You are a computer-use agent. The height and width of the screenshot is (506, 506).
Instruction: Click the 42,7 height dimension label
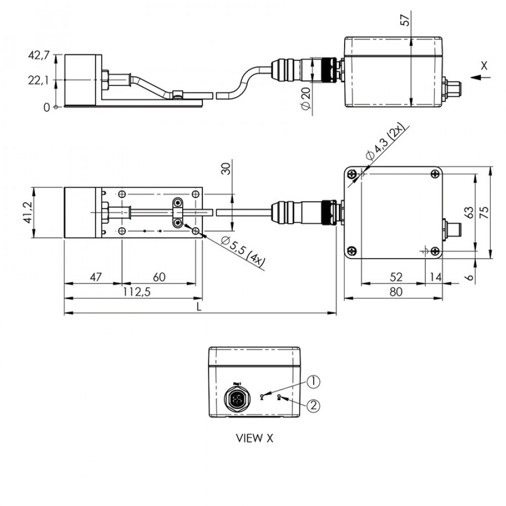point(39,56)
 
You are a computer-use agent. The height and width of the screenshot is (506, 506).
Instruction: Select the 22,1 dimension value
point(39,80)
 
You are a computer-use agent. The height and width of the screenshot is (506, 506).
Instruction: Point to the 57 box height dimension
point(403,21)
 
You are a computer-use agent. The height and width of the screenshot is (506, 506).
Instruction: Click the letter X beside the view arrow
point(484,65)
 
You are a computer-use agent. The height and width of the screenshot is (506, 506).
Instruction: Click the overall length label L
point(199,307)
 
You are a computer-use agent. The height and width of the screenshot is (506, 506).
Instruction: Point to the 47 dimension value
point(96,277)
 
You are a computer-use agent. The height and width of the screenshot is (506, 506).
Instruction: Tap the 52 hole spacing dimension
point(396,277)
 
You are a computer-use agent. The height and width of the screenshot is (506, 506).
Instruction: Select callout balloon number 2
point(314,405)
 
